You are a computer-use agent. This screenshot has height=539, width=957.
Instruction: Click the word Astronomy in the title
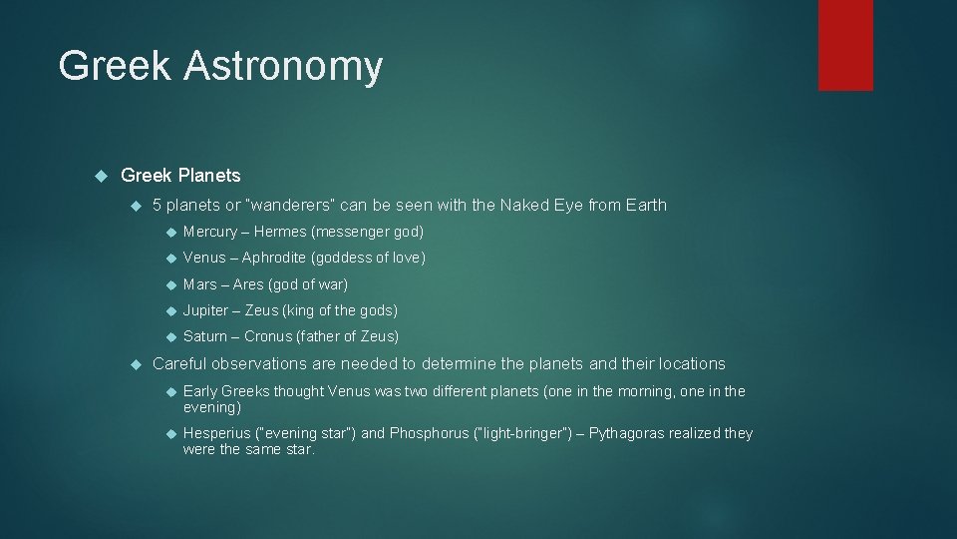[282, 66]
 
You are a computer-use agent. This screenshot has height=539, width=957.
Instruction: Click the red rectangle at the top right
[845, 45]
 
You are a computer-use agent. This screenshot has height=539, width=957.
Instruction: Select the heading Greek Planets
[180, 175]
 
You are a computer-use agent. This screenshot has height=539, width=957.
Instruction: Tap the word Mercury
[210, 232]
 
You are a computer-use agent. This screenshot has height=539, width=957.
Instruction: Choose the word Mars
[200, 284]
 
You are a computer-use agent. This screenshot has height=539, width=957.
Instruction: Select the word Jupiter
[206, 310]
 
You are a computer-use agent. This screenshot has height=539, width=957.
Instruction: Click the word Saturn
[205, 336]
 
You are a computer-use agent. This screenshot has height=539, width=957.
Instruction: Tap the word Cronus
[268, 336]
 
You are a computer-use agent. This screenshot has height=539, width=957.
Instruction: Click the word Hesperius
[216, 433]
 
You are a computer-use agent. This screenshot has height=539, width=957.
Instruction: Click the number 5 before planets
[158, 205]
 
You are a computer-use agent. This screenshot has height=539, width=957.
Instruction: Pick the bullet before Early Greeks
[168, 391]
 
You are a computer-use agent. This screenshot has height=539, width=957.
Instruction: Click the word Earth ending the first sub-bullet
[646, 205]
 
